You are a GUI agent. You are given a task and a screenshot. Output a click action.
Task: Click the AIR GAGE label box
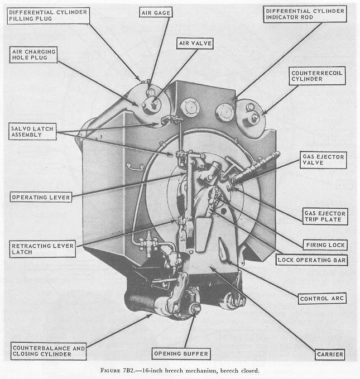click(x=157, y=12)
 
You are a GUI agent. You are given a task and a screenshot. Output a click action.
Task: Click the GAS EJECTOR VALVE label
click(x=322, y=161)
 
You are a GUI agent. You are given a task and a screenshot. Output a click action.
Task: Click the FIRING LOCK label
click(x=327, y=245)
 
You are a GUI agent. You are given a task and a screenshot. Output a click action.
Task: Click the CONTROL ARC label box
click(x=323, y=299)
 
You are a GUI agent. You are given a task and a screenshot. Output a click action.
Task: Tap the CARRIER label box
click(x=329, y=354)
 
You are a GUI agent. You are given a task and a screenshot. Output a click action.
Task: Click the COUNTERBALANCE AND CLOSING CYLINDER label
click(x=49, y=351)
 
